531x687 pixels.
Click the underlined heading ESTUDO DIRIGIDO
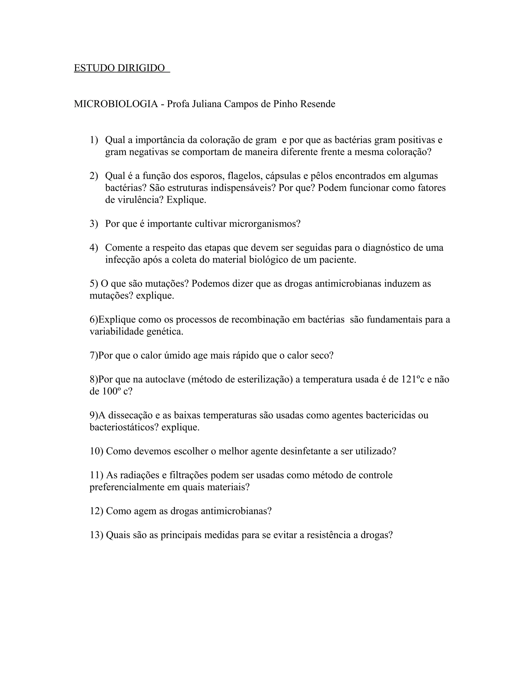[x=120, y=68]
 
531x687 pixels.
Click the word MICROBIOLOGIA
[x=116, y=104]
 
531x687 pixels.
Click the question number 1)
[x=94, y=140]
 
